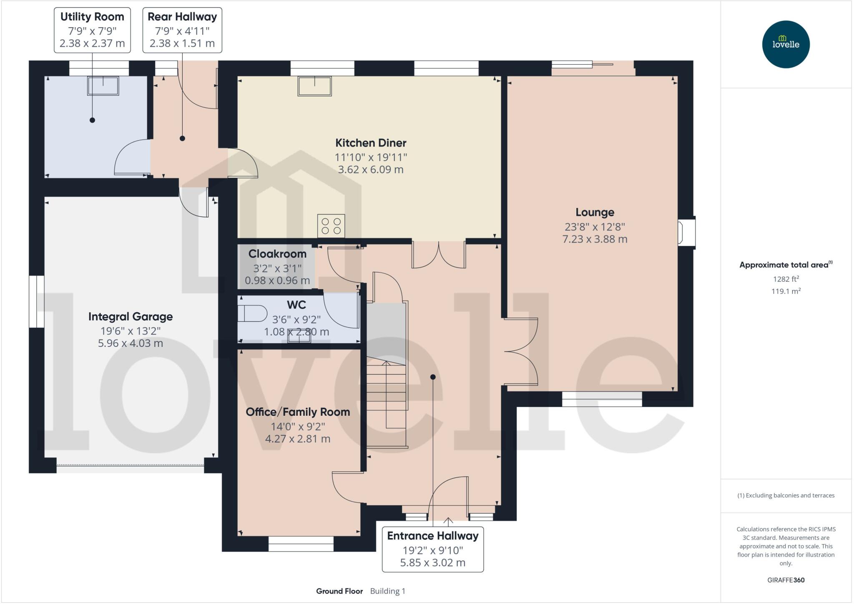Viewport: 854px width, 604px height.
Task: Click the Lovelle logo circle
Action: pyautogui.click(x=786, y=44)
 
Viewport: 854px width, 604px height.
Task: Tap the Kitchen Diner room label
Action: pyautogui.click(x=370, y=143)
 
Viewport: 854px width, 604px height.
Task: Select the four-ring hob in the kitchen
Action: pyautogui.click(x=331, y=226)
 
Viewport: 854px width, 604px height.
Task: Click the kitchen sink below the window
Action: pyautogui.click(x=314, y=86)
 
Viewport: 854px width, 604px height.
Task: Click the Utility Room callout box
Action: pyautogui.click(x=92, y=30)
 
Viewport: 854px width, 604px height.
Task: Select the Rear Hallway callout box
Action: pyautogui.click(x=182, y=30)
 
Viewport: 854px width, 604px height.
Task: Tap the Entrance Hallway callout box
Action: pyautogui.click(x=432, y=549)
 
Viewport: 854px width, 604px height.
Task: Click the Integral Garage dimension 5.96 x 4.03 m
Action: pyautogui.click(x=131, y=344)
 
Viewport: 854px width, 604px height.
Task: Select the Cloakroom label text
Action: pyautogui.click(x=277, y=254)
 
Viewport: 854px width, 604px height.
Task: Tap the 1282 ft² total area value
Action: pyautogui.click(x=786, y=279)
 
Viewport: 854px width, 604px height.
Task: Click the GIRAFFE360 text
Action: pyautogui.click(x=786, y=580)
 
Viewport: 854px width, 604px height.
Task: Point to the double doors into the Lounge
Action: pyautogui.click(x=521, y=351)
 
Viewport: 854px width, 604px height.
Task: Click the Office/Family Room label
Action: pyautogui.click(x=298, y=412)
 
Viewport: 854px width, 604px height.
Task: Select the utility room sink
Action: pyautogui.click(x=103, y=86)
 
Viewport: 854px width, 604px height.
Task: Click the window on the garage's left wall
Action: pyautogui.click(x=36, y=301)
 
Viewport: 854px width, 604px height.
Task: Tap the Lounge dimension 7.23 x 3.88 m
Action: pyautogui.click(x=595, y=239)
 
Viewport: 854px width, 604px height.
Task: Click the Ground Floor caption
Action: pyautogui.click(x=339, y=591)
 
